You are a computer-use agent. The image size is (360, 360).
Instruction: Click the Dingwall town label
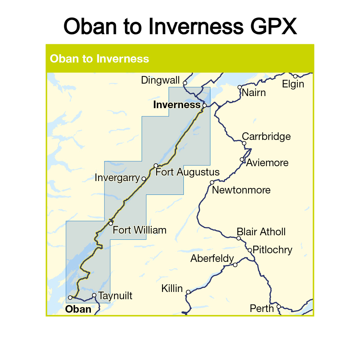160,80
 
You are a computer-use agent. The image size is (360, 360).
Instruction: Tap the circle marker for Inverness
205,105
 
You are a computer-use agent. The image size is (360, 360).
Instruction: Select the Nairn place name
254,93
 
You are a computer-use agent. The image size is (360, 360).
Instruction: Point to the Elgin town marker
295,76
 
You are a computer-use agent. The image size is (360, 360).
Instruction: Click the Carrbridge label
266,136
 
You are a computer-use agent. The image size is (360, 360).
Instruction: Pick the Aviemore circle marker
242,160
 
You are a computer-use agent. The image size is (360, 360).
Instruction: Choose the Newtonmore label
241,190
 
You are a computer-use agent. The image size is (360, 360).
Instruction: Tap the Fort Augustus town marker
156,165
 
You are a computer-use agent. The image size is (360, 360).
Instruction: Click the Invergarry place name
117,178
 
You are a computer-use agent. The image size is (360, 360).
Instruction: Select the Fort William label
140,230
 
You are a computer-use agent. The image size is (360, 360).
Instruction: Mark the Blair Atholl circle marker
238,238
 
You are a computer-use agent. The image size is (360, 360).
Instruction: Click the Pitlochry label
272,250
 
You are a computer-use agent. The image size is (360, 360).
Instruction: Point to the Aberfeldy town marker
235,265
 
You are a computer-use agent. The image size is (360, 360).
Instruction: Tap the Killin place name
172,288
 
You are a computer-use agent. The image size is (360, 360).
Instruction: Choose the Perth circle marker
278,306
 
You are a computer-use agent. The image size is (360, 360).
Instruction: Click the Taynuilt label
115,296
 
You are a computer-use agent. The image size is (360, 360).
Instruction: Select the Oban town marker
70,297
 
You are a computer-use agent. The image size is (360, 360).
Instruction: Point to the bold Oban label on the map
78,309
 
